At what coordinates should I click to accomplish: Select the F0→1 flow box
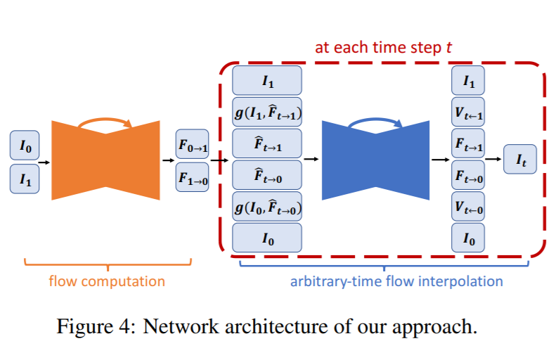(x=192, y=146)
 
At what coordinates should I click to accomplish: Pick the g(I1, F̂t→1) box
(x=267, y=111)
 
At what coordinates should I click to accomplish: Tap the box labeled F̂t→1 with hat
(x=267, y=143)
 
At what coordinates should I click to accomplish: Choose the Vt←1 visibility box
(x=469, y=112)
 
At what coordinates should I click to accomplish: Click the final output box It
(x=521, y=160)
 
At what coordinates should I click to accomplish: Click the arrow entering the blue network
(x=311, y=160)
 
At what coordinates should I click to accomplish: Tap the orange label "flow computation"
(x=107, y=281)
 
